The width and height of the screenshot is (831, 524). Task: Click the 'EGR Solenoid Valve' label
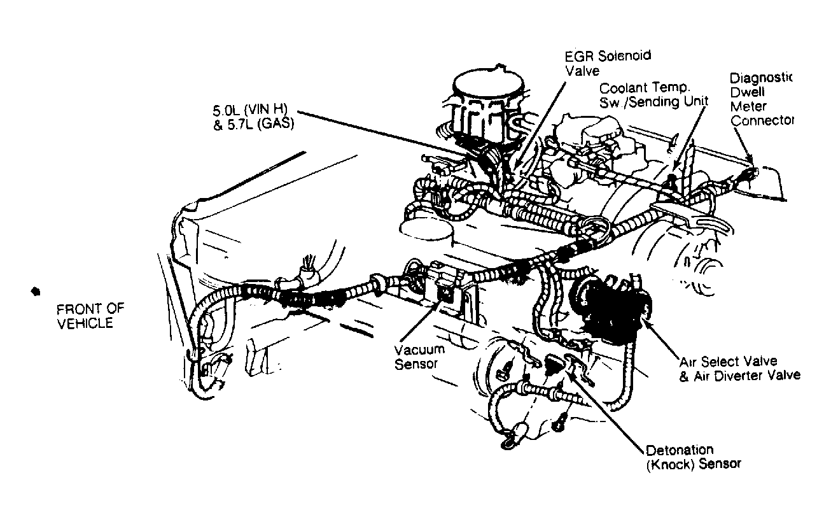pos(608,63)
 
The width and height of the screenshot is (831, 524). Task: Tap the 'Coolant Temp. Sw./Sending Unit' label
pos(653,96)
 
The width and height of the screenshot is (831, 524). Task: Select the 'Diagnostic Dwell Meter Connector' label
pos(761,99)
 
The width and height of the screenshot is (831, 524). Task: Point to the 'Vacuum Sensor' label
pos(419,357)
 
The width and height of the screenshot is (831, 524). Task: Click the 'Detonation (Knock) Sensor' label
pos(694,458)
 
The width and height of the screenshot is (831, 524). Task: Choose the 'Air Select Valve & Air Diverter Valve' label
pos(740,369)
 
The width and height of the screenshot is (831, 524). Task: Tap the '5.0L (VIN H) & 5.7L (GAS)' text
pos(254,117)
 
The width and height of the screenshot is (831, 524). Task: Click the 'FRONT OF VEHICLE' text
pos(90,316)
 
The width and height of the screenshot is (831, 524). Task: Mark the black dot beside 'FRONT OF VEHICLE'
pos(36,292)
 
